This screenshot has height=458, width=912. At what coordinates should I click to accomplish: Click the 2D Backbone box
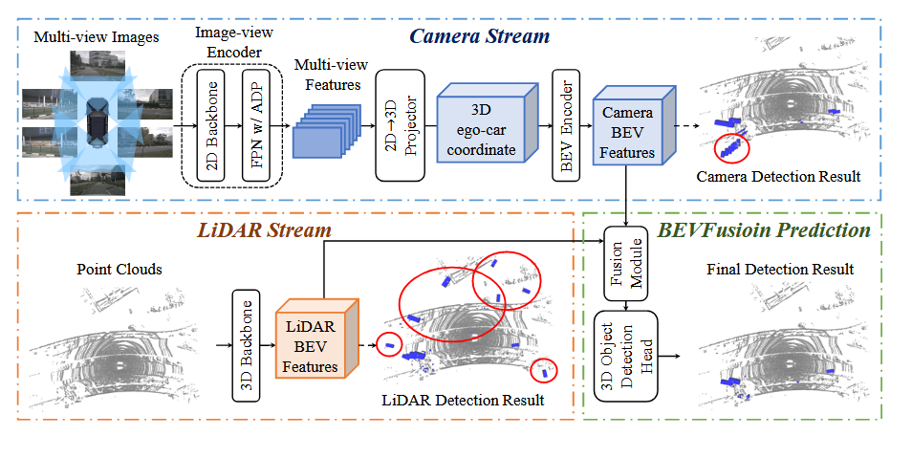pyautogui.click(x=210, y=125)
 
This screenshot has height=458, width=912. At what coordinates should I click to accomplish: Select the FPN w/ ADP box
pyautogui.click(x=256, y=125)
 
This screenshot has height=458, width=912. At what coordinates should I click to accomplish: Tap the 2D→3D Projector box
pyautogui.click(x=401, y=125)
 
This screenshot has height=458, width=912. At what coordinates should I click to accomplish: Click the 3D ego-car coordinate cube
pyautogui.click(x=487, y=122)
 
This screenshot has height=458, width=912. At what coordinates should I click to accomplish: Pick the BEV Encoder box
pyautogui.click(x=566, y=125)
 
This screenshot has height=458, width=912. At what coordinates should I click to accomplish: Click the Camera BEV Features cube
pyautogui.click(x=634, y=125)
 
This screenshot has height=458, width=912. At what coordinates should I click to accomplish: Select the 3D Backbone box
pyautogui.click(x=246, y=346)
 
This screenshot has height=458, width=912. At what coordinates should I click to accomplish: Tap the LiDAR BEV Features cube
pyautogui.click(x=317, y=338)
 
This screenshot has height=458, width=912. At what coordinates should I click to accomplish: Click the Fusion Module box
pyautogui.click(x=626, y=264)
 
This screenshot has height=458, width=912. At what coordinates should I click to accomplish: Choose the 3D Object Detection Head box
pyautogui.click(x=626, y=356)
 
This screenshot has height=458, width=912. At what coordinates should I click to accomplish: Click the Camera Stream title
pyautogui.click(x=479, y=36)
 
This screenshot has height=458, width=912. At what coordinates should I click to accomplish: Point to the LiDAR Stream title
pyautogui.click(x=265, y=230)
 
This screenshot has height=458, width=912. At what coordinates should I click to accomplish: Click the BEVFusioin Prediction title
pyautogui.click(x=764, y=230)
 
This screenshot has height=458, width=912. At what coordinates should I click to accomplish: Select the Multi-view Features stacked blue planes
pyautogui.click(x=326, y=131)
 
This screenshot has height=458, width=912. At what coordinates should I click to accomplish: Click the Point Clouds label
pyautogui.click(x=119, y=270)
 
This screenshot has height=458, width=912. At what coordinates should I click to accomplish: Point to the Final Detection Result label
pyautogui.click(x=780, y=270)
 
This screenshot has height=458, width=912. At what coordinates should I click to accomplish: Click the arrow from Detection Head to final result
pyautogui.click(x=669, y=356)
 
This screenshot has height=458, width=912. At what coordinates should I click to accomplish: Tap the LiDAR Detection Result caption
pyautogui.click(x=463, y=401)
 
